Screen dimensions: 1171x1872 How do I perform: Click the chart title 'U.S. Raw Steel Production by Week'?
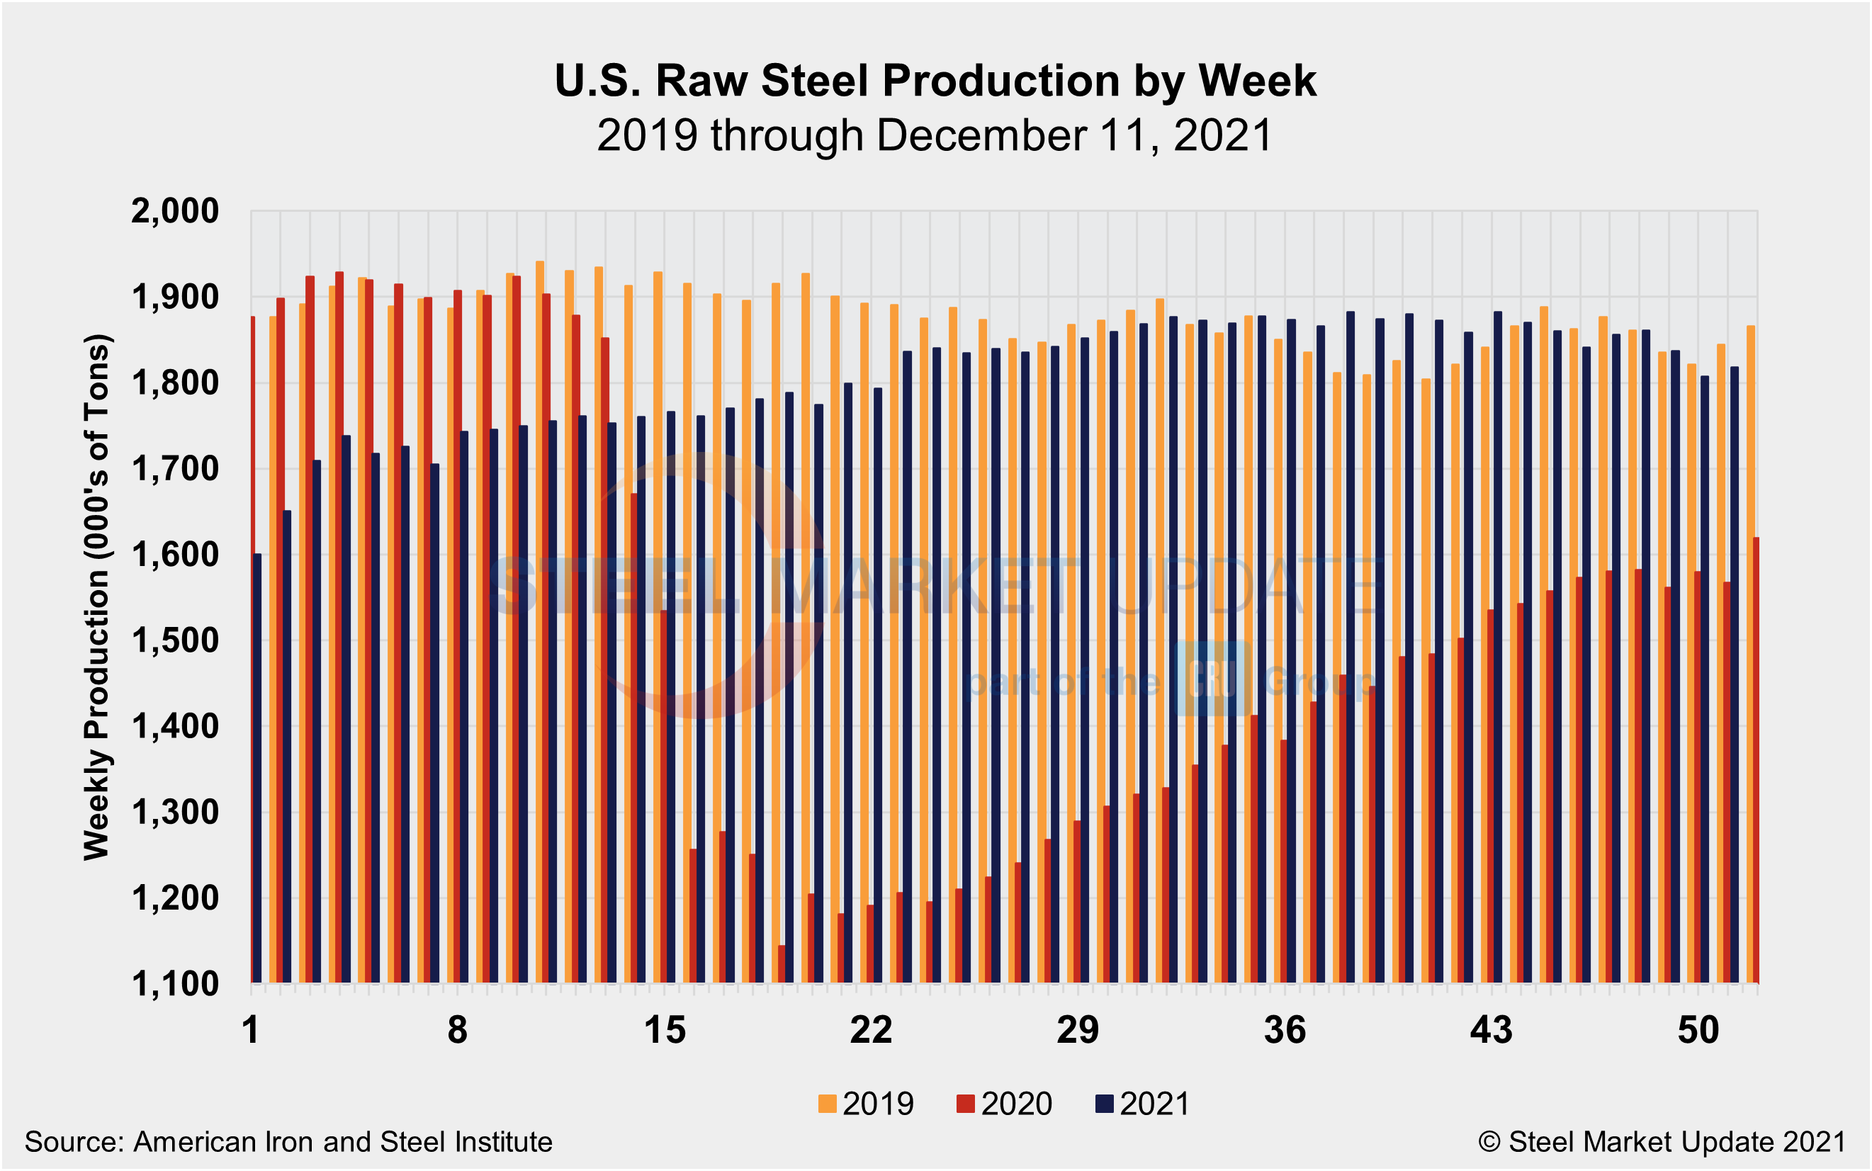935,81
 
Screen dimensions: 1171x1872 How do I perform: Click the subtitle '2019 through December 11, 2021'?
935,135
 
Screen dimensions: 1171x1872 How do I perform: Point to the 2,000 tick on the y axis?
175,210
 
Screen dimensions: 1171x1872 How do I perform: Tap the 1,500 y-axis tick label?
175,641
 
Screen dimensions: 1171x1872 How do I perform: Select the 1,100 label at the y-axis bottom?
175,985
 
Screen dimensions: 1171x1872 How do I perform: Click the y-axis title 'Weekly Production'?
98,596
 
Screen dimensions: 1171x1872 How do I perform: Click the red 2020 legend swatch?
965,1104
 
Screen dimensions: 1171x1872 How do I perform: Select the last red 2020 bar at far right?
1756,759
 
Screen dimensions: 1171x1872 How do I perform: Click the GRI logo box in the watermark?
1212,679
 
